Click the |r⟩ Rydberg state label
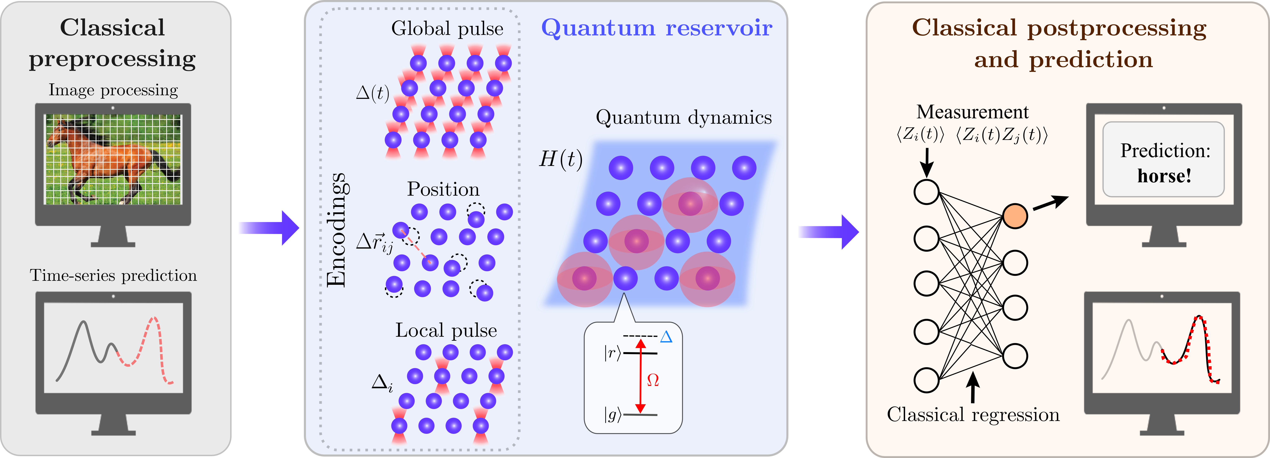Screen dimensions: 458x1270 tap(612, 353)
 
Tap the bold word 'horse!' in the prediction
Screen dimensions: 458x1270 tap(1165, 176)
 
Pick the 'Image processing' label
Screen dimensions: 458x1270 tap(113, 90)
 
